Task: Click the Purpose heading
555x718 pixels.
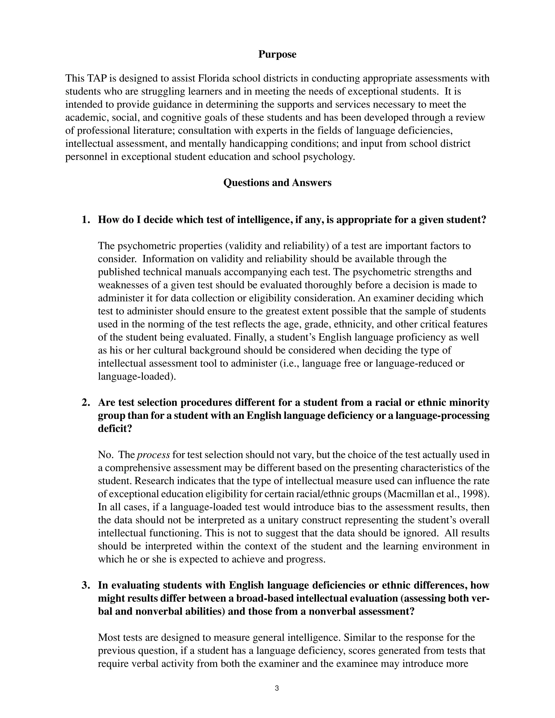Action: coord(277,54)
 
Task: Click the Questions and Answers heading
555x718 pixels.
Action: coord(277,182)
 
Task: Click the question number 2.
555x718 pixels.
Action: coord(85,402)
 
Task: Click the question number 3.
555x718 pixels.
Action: coord(85,585)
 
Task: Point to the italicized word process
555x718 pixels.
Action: coord(153,455)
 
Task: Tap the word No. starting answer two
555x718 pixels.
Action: coord(105,455)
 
